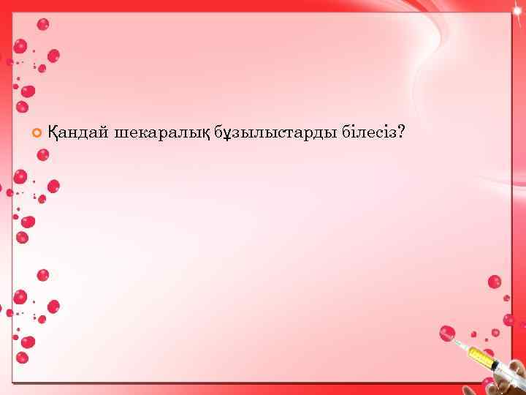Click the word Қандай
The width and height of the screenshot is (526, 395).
(78, 133)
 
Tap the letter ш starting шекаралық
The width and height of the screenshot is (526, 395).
(121, 134)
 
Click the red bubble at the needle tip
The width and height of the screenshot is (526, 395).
(447, 334)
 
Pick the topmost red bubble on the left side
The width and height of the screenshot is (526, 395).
(43, 24)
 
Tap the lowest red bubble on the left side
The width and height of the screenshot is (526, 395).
(23, 358)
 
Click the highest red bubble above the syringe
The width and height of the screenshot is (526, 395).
(495, 282)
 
